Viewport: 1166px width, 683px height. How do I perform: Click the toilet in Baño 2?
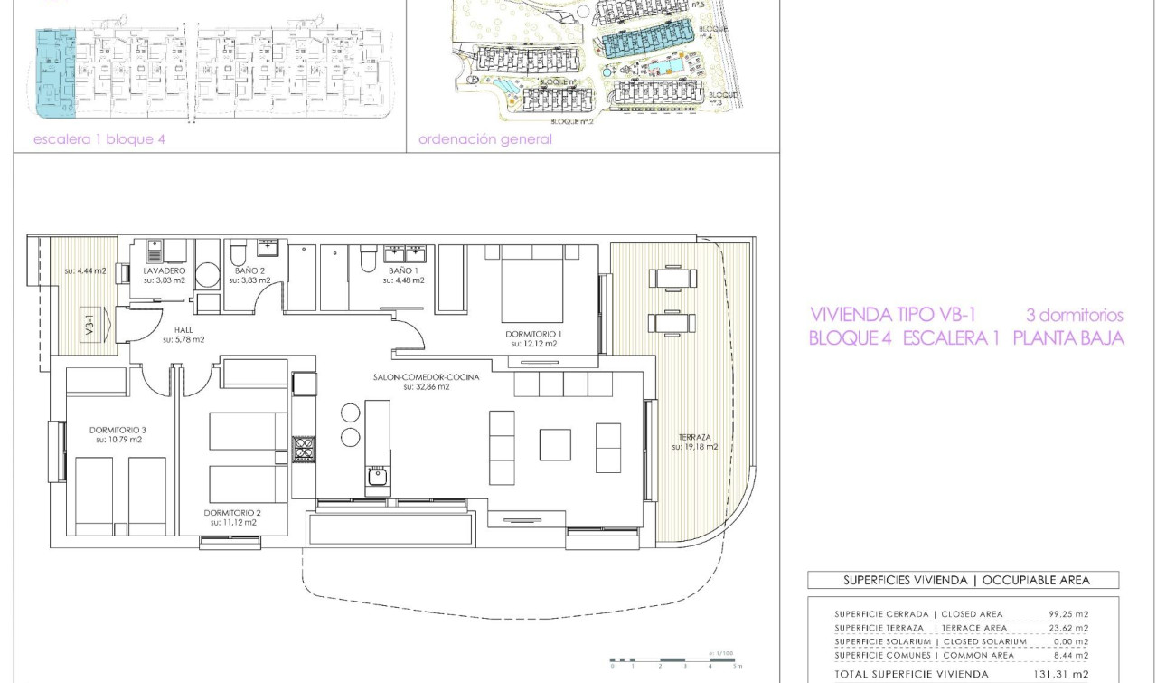tap(238, 251)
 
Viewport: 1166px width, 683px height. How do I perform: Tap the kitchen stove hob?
tap(303, 449)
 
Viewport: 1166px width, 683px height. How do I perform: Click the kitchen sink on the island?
tap(377, 476)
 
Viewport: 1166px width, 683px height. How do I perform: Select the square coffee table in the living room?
tap(555, 444)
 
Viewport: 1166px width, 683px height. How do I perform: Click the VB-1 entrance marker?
tap(90, 324)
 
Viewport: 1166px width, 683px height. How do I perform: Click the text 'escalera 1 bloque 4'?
tap(99, 139)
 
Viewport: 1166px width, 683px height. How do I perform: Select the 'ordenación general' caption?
tap(484, 139)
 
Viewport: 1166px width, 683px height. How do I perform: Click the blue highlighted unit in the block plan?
tap(54, 72)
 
